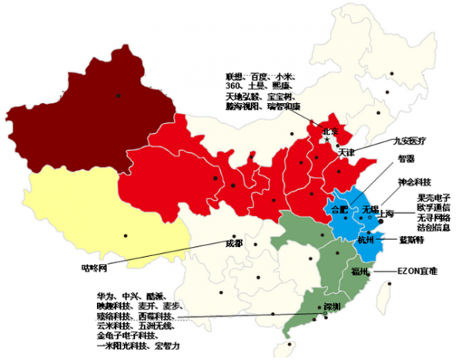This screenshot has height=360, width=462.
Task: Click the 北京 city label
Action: (330, 132)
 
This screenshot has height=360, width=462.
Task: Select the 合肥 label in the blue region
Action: (338, 208)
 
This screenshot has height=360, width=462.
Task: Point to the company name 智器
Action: (405, 159)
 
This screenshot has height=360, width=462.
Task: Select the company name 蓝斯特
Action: (413, 240)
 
